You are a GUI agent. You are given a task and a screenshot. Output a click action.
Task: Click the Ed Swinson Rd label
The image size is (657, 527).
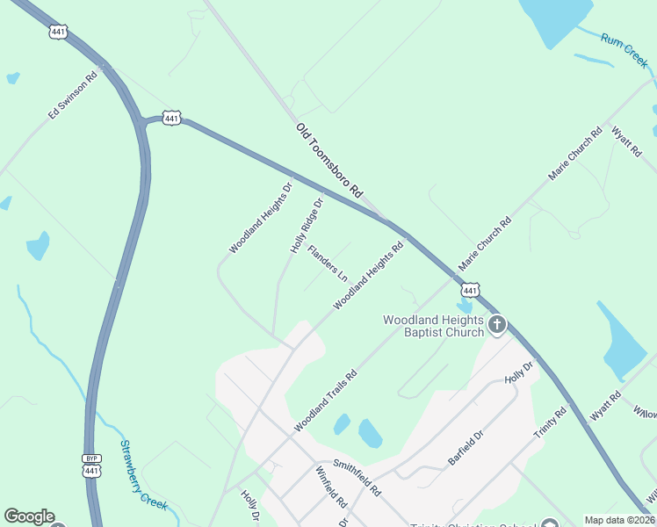tap(72, 101)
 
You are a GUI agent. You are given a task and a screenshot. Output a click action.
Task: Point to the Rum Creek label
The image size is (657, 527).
tap(625, 51)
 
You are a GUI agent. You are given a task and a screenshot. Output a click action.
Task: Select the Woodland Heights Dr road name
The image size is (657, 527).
tap(260, 218)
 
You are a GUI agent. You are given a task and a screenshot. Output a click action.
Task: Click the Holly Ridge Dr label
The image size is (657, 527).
tap(307, 226)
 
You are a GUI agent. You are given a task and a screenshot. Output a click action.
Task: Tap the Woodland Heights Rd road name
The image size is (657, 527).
tap(368, 277)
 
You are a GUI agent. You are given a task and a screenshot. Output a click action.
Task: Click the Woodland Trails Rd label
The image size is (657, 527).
tap(325, 401)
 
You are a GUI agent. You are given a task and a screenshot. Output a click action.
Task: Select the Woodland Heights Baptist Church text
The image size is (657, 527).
tap(433, 326)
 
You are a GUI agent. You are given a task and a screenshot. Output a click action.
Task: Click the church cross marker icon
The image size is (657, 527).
tap(497, 326)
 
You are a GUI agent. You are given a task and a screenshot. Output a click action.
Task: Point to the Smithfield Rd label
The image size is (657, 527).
tap(357, 477)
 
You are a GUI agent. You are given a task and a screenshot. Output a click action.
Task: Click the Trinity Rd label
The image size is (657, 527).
tap(550, 422)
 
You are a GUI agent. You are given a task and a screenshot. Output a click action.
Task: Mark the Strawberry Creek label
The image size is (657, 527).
tap(142, 474)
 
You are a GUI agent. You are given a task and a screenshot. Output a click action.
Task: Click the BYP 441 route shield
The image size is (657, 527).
tap(91, 466)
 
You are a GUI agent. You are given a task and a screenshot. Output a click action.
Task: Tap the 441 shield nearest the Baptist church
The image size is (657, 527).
tap(471, 290)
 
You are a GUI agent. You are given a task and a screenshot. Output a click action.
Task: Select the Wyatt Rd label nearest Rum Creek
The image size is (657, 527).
tap(627, 141)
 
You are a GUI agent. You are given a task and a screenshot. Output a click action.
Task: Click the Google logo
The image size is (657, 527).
tap(29, 516)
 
